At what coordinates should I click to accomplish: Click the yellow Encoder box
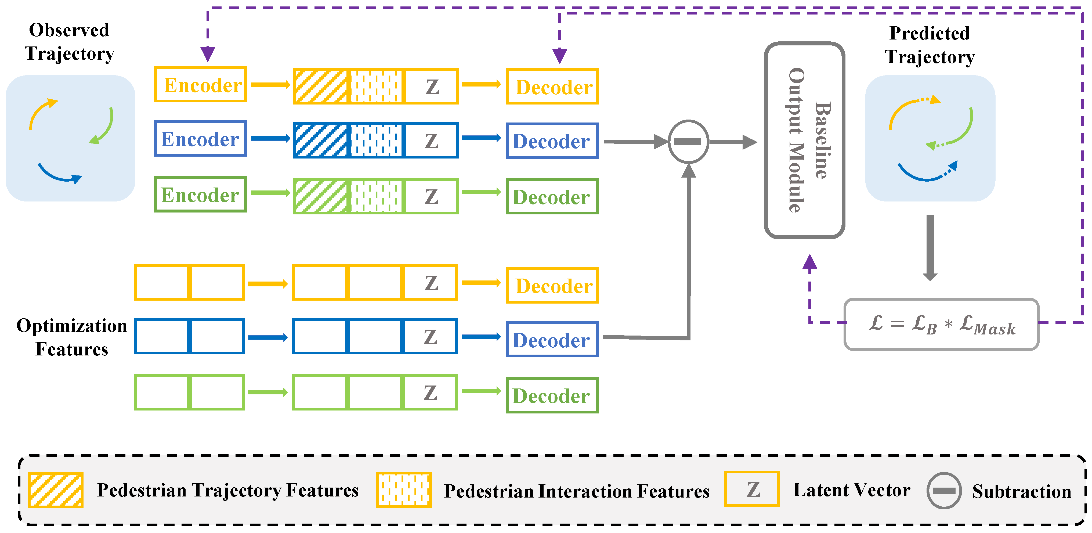(x=200, y=84)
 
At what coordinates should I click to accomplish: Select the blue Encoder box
(x=200, y=139)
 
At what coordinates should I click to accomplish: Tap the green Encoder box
(x=200, y=195)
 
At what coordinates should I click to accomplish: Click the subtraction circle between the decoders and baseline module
(x=688, y=141)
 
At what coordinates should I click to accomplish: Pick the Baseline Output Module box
(x=804, y=140)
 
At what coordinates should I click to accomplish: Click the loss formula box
(x=941, y=324)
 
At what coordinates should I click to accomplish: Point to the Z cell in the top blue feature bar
(x=431, y=140)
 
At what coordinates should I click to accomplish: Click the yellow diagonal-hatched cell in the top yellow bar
(x=321, y=86)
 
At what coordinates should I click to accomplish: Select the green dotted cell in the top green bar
(x=375, y=196)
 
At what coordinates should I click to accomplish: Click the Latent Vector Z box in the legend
(x=752, y=489)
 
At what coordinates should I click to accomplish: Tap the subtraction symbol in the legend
(x=944, y=490)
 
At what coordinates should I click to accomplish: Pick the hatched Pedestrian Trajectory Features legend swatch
(x=56, y=490)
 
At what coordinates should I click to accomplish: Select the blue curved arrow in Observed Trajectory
(x=59, y=175)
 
